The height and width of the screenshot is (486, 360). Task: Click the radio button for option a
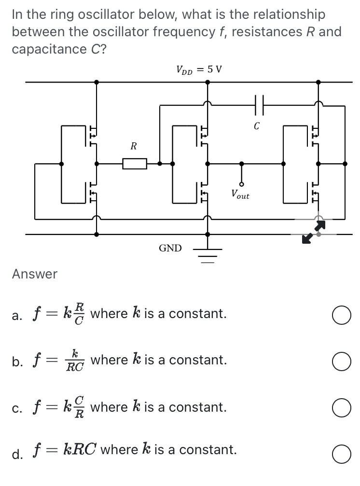(x=341, y=315)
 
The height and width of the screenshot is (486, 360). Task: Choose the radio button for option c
(x=341, y=408)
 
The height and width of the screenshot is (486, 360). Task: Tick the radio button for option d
(x=341, y=454)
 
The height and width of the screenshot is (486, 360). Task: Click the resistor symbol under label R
(x=135, y=164)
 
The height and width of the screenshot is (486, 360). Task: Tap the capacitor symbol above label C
(x=257, y=104)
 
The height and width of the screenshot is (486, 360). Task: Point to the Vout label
(x=240, y=195)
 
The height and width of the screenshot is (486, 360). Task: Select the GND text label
(x=170, y=249)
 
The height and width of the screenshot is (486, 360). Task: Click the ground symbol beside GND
(x=208, y=254)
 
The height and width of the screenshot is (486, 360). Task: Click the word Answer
(x=35, y=274)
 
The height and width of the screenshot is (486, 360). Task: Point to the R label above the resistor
(x=134, y=145)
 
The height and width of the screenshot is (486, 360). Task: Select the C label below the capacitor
(x=257, y=126)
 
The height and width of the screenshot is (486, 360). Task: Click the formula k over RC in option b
(x=75, y=361)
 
